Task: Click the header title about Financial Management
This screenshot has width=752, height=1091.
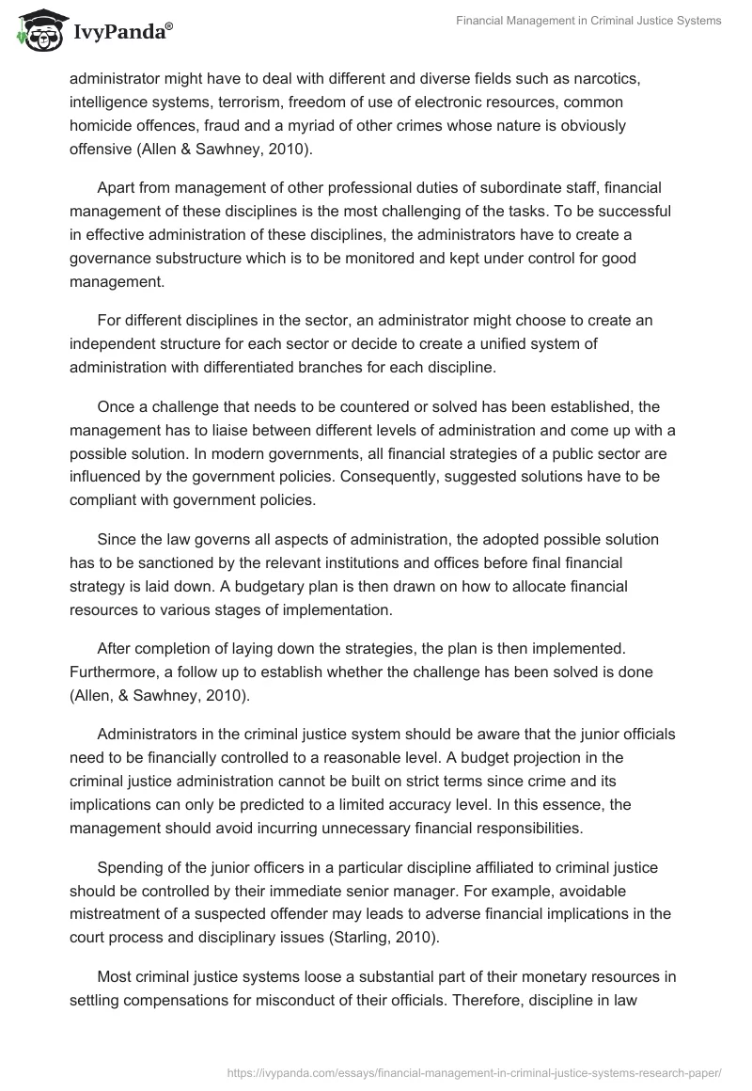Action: click(588, 21)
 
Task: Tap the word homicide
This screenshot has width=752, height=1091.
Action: click(104, 124)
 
